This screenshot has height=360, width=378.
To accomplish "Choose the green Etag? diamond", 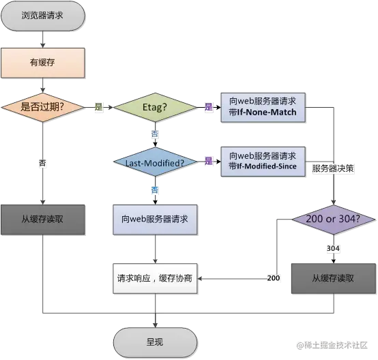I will [x=155, y=106].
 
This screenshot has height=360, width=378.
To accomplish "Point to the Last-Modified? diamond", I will [x=155, y=162].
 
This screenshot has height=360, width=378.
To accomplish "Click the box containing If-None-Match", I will [x=263, y=106].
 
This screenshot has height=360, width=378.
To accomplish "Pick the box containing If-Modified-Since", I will [x=263, y=162].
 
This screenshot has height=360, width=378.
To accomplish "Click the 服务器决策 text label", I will [x=332, y=168].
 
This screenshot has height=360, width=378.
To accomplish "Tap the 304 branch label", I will [x=332, y=249].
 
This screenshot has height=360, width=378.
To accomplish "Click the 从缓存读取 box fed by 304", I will [x=332, y=278].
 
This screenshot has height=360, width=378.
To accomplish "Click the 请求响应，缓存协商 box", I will [x=155, y=278].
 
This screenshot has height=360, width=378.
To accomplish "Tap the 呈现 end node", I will [x=155, y=342].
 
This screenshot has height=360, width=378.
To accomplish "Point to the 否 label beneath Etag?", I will [x=155, y=134].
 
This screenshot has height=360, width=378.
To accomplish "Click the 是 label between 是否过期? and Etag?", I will [x=98, y=107].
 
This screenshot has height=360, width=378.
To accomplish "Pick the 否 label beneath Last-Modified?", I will [x=155, y=189].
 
